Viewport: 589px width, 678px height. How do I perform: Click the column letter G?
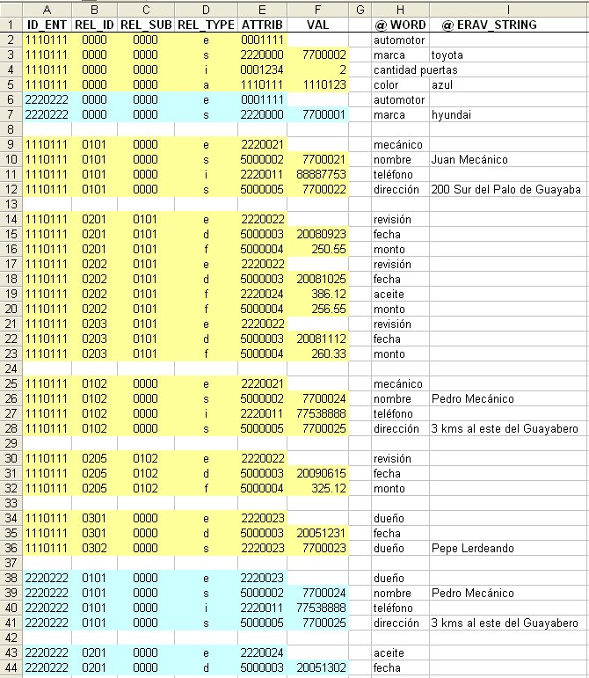(360, 9)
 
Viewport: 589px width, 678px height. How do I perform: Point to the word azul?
(441, 84)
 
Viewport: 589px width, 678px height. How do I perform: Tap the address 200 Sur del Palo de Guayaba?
(506, 189)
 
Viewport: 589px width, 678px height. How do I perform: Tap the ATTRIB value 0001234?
(261, 69)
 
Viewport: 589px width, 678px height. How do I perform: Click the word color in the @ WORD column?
(386, 84)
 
